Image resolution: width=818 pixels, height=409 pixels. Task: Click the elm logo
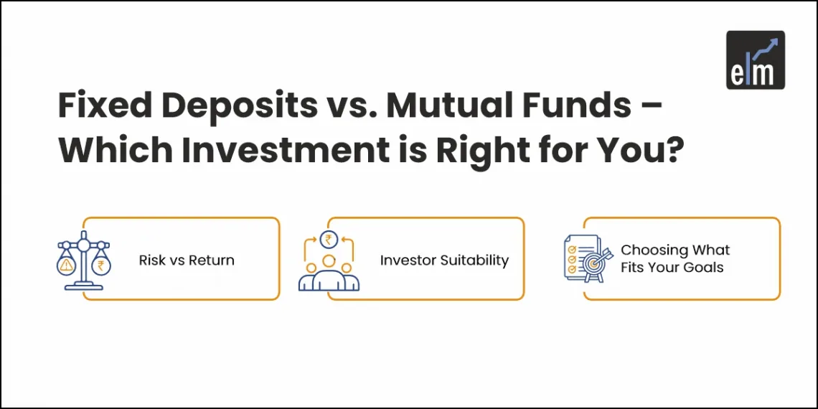pyautogui.click(x=755, y=60)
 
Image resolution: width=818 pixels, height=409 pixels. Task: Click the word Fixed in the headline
pyautogui.click(x=106, y=105)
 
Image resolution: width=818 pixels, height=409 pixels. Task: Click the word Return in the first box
pyautogui.click(x=212, y=260)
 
